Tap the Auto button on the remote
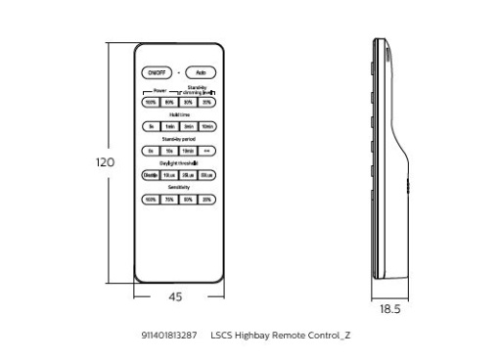tap(201, 73)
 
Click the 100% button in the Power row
tap(151, 102)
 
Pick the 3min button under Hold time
tap(188, 126)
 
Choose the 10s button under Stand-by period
tap(169, 151)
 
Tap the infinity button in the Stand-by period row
tap(207, 151)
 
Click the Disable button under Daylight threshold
tap(151, 175)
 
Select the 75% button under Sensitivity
tap(169, 200)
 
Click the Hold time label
tap(179, 114)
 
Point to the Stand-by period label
tap(179, 139)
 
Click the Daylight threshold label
tap(179, 163)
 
